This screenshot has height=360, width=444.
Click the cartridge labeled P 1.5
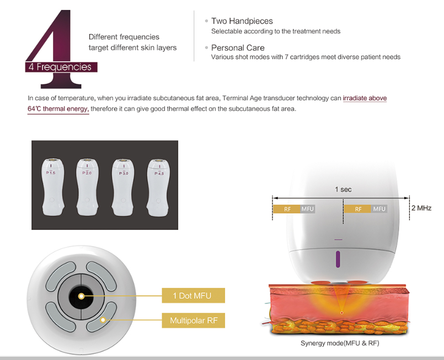[x=52, y=187]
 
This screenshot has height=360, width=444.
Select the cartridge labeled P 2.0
[x=88, y=187]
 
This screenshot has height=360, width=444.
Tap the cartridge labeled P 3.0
[x=123, y=187]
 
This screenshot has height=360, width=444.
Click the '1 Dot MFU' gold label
[x=194, y=295]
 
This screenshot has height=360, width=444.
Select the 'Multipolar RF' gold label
[x=194, y=320]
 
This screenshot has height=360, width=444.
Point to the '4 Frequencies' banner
[x=61, y=67]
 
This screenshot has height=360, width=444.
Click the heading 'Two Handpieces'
[x=242, y=21]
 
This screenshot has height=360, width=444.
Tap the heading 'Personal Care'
[x=238, y=47]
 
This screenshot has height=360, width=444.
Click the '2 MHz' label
[x=421, y=208]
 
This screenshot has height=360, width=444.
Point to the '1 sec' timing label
[x=343, y=189]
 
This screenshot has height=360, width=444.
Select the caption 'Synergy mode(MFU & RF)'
[x=340, y=343]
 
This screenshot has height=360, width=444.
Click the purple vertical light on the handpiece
[x=338, y=259]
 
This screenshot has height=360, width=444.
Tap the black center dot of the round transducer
[x=81, y=296]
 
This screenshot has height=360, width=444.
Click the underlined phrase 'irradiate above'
[x=365, y=98]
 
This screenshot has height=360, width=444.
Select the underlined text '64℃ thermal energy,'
[x=58, y=109]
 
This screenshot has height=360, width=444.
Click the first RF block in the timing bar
[x=287, y=209]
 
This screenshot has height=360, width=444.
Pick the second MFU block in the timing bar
[x=379, y=209]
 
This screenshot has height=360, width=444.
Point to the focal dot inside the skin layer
[x=342, y=313]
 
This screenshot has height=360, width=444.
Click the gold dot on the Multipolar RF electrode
[x=103, y=320]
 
